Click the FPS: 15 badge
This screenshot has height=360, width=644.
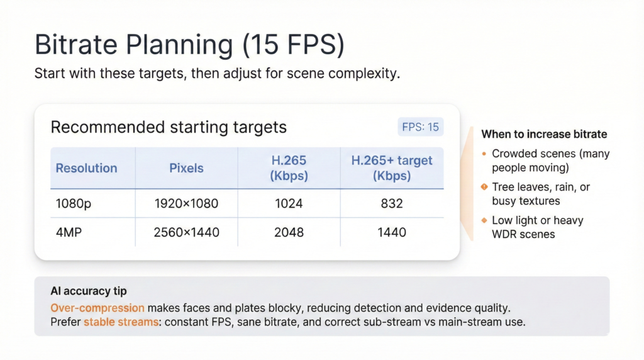pyautogui.click(x=421, y=127)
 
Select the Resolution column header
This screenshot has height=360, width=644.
pyautogui.click(x=86, y=168)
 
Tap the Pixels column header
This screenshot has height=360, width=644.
pyautogui.click(x=186, y=168)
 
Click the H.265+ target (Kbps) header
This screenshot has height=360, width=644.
pyautogui.click(x=392, y=168)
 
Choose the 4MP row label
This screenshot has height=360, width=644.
pyautogui.click(x=69, y=232)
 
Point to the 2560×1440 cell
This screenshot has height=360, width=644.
pyautogui.click(x=186, y=232)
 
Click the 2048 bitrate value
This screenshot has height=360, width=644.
pyautogui.click(x=289, y=232)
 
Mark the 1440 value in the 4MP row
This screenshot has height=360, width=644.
pyautogui.click(x=392, y=232)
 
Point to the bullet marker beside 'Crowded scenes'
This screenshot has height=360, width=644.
pyautogui.click(x=484, y=154)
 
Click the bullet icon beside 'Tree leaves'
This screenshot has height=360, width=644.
pyautogui.click(x=484, y=187)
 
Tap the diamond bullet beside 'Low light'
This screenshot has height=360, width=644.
pyautogui.click(x=484, y=220)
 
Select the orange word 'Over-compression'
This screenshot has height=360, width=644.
pyautogui.click(x=97, y=308)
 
